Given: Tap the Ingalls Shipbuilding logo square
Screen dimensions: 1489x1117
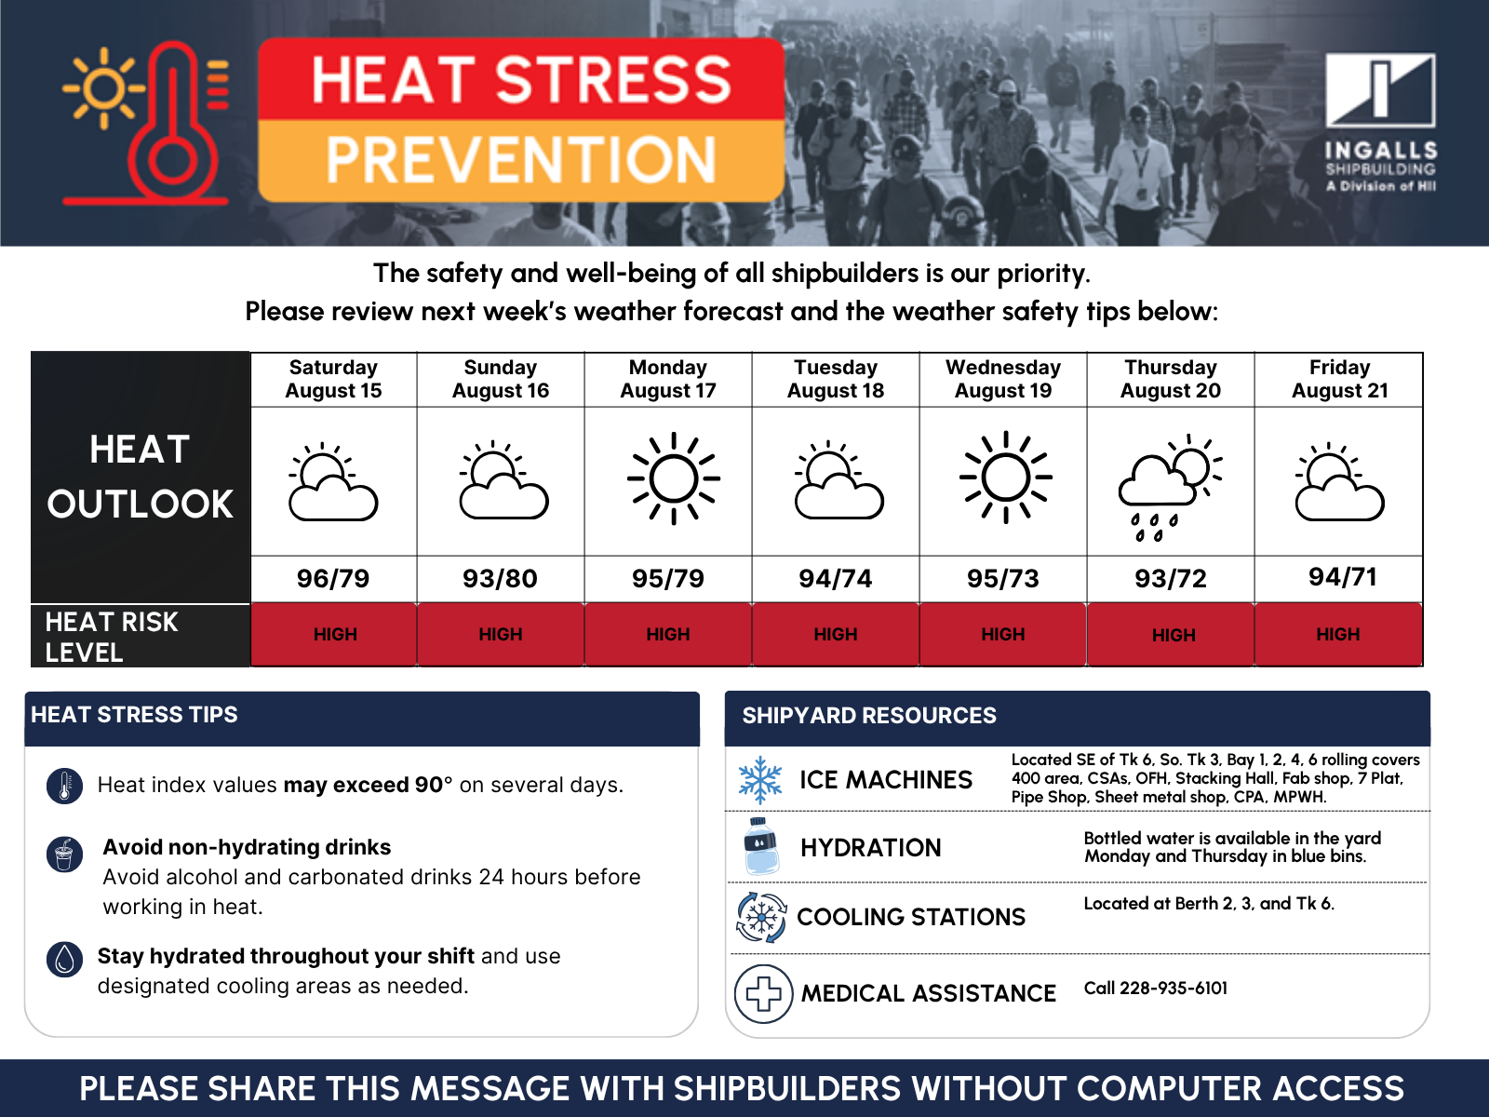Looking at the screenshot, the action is coord(1380,90).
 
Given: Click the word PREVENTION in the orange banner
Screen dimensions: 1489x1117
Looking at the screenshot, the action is coord(521,160).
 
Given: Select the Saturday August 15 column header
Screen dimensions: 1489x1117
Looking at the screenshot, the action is coord(333,379).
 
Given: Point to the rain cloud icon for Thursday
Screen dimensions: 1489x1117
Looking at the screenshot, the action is coord(1170,488).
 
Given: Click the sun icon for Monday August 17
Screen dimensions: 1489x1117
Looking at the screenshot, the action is coord(673,478).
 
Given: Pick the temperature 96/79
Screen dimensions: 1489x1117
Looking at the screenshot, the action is coord(333,578).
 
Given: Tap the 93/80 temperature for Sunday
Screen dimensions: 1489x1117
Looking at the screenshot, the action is coord(500,578).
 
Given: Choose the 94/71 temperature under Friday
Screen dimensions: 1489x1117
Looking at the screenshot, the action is coord(1343,577).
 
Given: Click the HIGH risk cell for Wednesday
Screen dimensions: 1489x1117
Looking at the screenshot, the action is coord(1002,634).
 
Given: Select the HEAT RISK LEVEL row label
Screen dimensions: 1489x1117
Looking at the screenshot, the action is coord(112,637).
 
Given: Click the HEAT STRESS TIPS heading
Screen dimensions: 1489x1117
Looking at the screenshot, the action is coord(134,715).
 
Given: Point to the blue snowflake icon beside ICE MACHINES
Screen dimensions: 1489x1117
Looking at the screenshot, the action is coord(759,780).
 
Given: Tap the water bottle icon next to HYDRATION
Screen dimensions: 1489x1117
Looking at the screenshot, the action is coord(761,846).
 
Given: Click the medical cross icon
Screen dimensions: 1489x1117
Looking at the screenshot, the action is coord(763,993).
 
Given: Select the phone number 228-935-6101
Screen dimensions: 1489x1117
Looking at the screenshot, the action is coord(1174,989).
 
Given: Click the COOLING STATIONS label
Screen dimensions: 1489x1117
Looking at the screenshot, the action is coord(911,917).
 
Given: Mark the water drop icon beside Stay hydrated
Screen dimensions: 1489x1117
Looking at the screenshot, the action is coord(64,959).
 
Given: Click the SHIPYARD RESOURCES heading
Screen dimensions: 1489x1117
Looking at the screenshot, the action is coord(869,716).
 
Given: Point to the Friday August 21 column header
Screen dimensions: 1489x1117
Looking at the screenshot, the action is coord(1340,379).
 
